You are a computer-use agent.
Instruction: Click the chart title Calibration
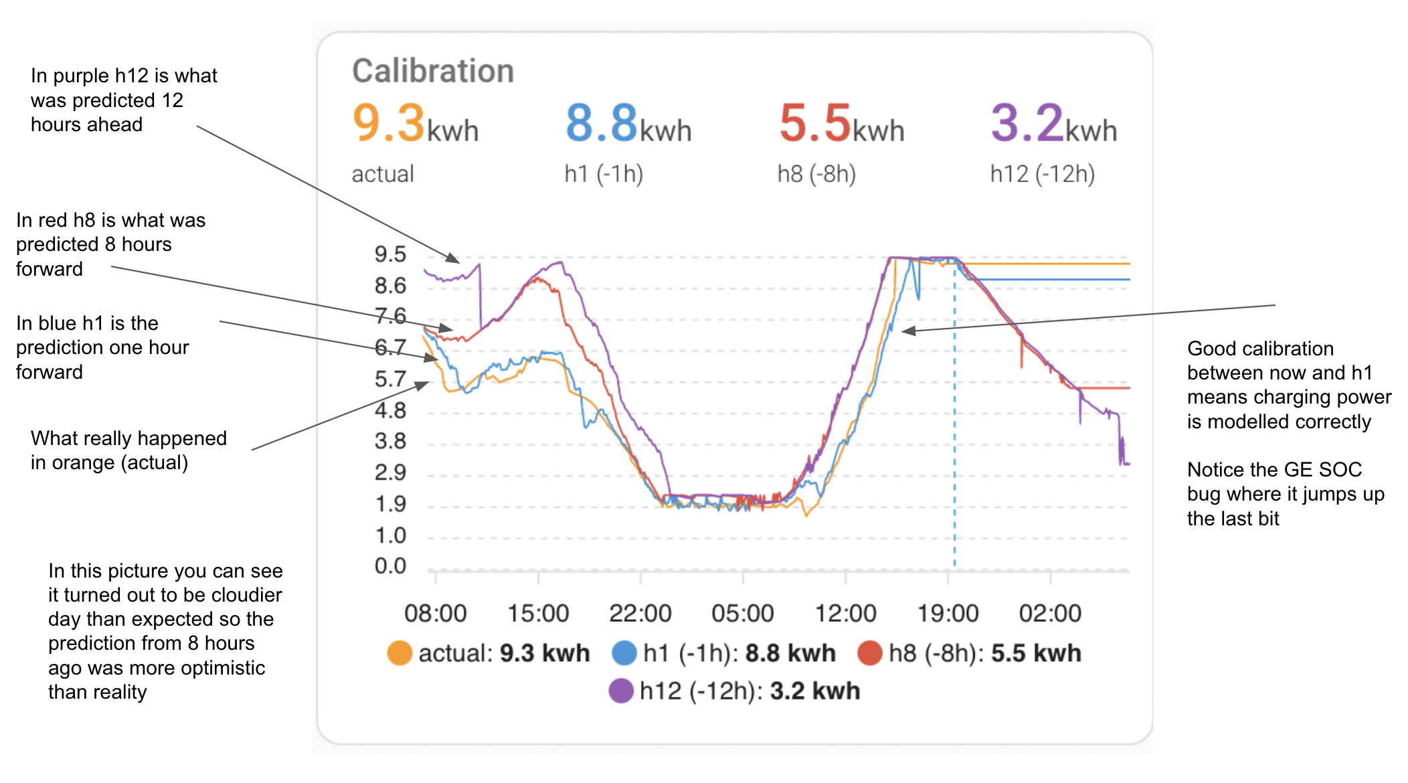(433, 71)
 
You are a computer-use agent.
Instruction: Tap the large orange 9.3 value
(389, 123)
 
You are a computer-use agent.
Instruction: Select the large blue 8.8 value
(602, 123)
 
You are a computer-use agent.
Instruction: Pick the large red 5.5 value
(814, 123)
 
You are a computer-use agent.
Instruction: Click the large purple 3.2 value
(1027, 123)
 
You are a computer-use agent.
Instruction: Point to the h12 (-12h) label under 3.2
(1042, 174)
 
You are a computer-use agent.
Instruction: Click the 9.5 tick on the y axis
(390, 254)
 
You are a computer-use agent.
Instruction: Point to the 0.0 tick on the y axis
(390, 566)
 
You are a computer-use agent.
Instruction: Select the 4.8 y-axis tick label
(390, 410)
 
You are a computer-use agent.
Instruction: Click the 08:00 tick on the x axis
(435, 613)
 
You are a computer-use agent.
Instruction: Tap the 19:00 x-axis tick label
(948, 613)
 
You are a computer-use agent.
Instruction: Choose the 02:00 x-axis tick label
(1050, 613)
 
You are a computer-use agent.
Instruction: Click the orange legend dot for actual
(400, 653)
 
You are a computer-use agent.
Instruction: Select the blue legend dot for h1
(624, 653)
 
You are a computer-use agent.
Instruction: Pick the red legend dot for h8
(870, 653)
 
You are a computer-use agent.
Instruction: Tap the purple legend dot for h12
(621, 691)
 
